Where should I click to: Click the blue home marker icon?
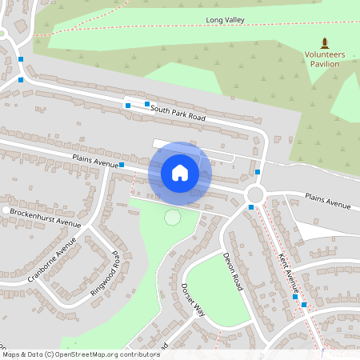[180, 173]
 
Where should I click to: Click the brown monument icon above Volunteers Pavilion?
[324, 42]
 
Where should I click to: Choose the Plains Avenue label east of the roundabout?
[327, 201]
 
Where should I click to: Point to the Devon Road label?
[232, 270]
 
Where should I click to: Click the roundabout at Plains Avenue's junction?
[256, 194]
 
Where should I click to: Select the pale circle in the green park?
[172, 217]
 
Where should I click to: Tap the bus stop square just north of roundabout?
[258, 172]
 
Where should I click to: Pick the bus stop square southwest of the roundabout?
[251, 208]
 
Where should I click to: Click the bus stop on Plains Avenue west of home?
[122, 165]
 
